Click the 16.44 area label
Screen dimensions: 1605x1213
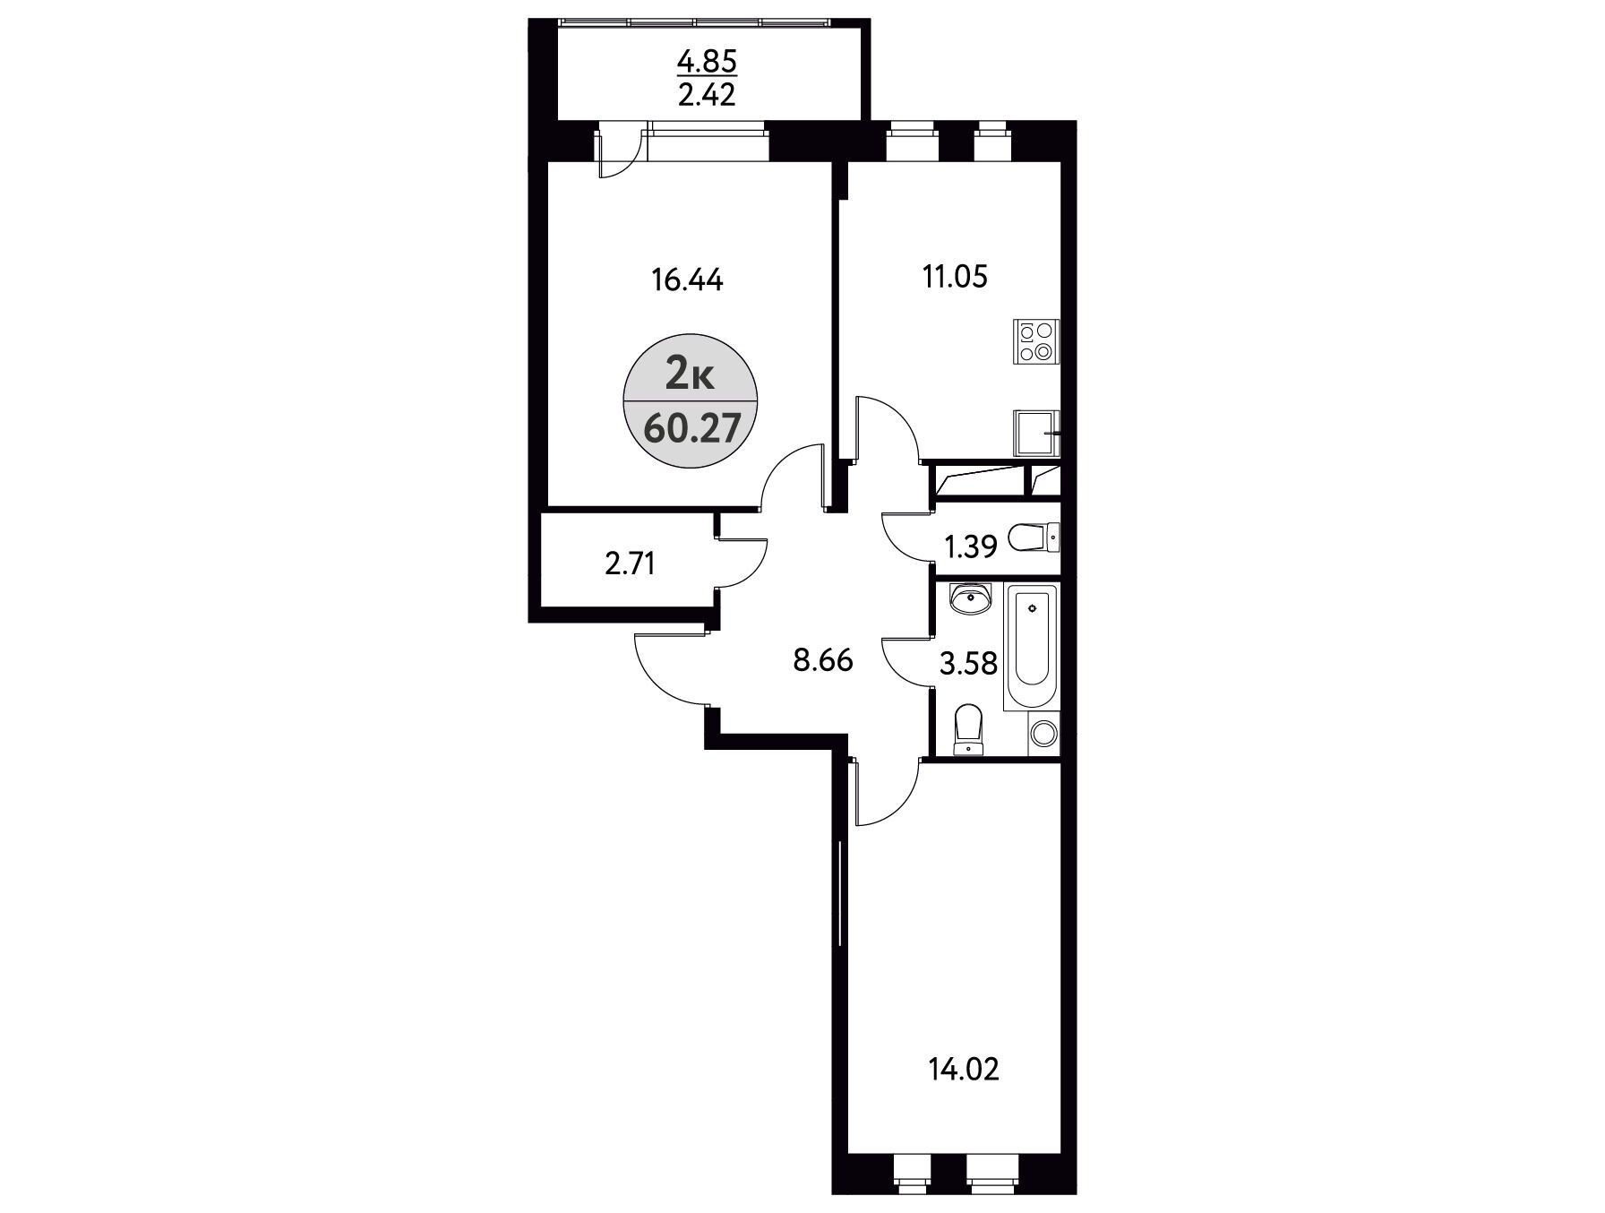tap(687, 280)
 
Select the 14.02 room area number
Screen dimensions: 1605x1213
tap(964, 1069)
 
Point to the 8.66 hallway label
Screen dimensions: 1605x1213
tap(822, 661)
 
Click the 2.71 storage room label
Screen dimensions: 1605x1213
tap(631, 564)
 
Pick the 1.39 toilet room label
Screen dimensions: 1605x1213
tap(972, 546)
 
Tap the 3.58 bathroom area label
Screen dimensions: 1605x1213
tap(968, 665)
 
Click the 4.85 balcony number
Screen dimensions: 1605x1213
tap(707, 63)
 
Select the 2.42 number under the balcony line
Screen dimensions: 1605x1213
tap(707, 95)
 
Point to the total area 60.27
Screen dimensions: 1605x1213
tap(691, 429)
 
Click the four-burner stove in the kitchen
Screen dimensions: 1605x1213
tap(1036, 341)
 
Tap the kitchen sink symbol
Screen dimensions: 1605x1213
tap(1037, 434)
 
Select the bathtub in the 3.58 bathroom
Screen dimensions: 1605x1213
tap(1032, 647)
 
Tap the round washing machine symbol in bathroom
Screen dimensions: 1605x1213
tap(1043, 735)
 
